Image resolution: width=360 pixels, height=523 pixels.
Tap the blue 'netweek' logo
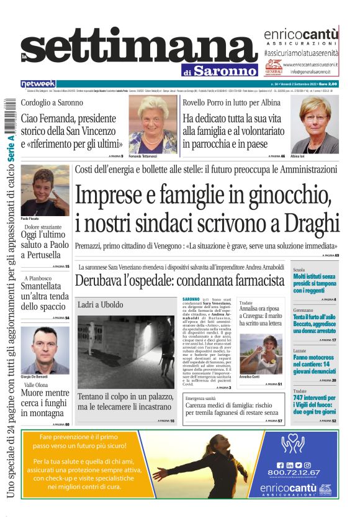click(38, 83)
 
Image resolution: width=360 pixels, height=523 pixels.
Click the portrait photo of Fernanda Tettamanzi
click(153, 124)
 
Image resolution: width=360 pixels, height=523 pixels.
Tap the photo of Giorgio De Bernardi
click(45, 350)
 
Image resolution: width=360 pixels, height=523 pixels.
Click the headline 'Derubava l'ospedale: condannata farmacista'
click(179, 280)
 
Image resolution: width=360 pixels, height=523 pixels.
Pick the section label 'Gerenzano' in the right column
click(304, 310)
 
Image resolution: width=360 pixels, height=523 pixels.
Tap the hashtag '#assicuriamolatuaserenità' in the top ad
click(300, 54)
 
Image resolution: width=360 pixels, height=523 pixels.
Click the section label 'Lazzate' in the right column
click(300, 351)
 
